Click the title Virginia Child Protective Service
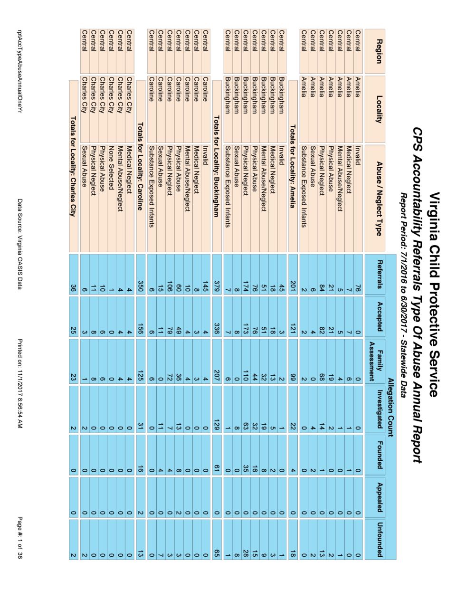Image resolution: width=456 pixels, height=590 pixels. [434, 295]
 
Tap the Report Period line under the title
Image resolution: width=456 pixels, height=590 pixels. [404, 295]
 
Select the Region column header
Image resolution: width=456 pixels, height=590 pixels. [379, 51]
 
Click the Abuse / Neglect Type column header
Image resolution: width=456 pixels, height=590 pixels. [379, 198]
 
